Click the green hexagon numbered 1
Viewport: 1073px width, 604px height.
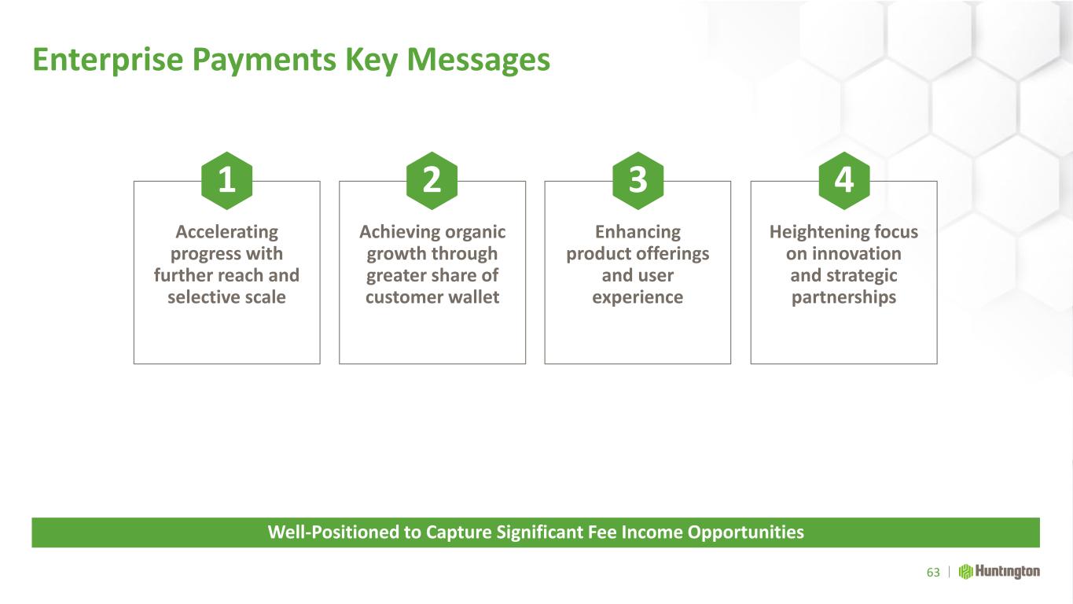[x=226, y=181]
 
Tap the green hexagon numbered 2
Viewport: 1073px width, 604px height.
[x=432, y=181]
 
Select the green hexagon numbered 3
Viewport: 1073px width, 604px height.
[x=638, y=181]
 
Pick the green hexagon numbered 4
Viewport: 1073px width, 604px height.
[x=844, y=181]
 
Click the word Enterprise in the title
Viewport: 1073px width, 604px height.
[x=108, y=61]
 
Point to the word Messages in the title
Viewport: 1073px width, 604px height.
[x=478, y=61]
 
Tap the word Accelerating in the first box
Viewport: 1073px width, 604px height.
[x=226, y=232]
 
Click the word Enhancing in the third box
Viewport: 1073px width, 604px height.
[x=638, y=232]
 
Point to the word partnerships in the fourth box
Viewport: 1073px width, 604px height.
[x=843, y=298]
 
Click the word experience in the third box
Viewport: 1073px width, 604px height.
[x=638, y=298]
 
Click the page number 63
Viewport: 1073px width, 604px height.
[x=933, y=573]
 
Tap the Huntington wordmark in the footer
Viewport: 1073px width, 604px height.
[x=1008, y=572]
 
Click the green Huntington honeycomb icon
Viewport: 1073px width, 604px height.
[x=965, y=572]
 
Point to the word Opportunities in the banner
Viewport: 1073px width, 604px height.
[x=746, y=532]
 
